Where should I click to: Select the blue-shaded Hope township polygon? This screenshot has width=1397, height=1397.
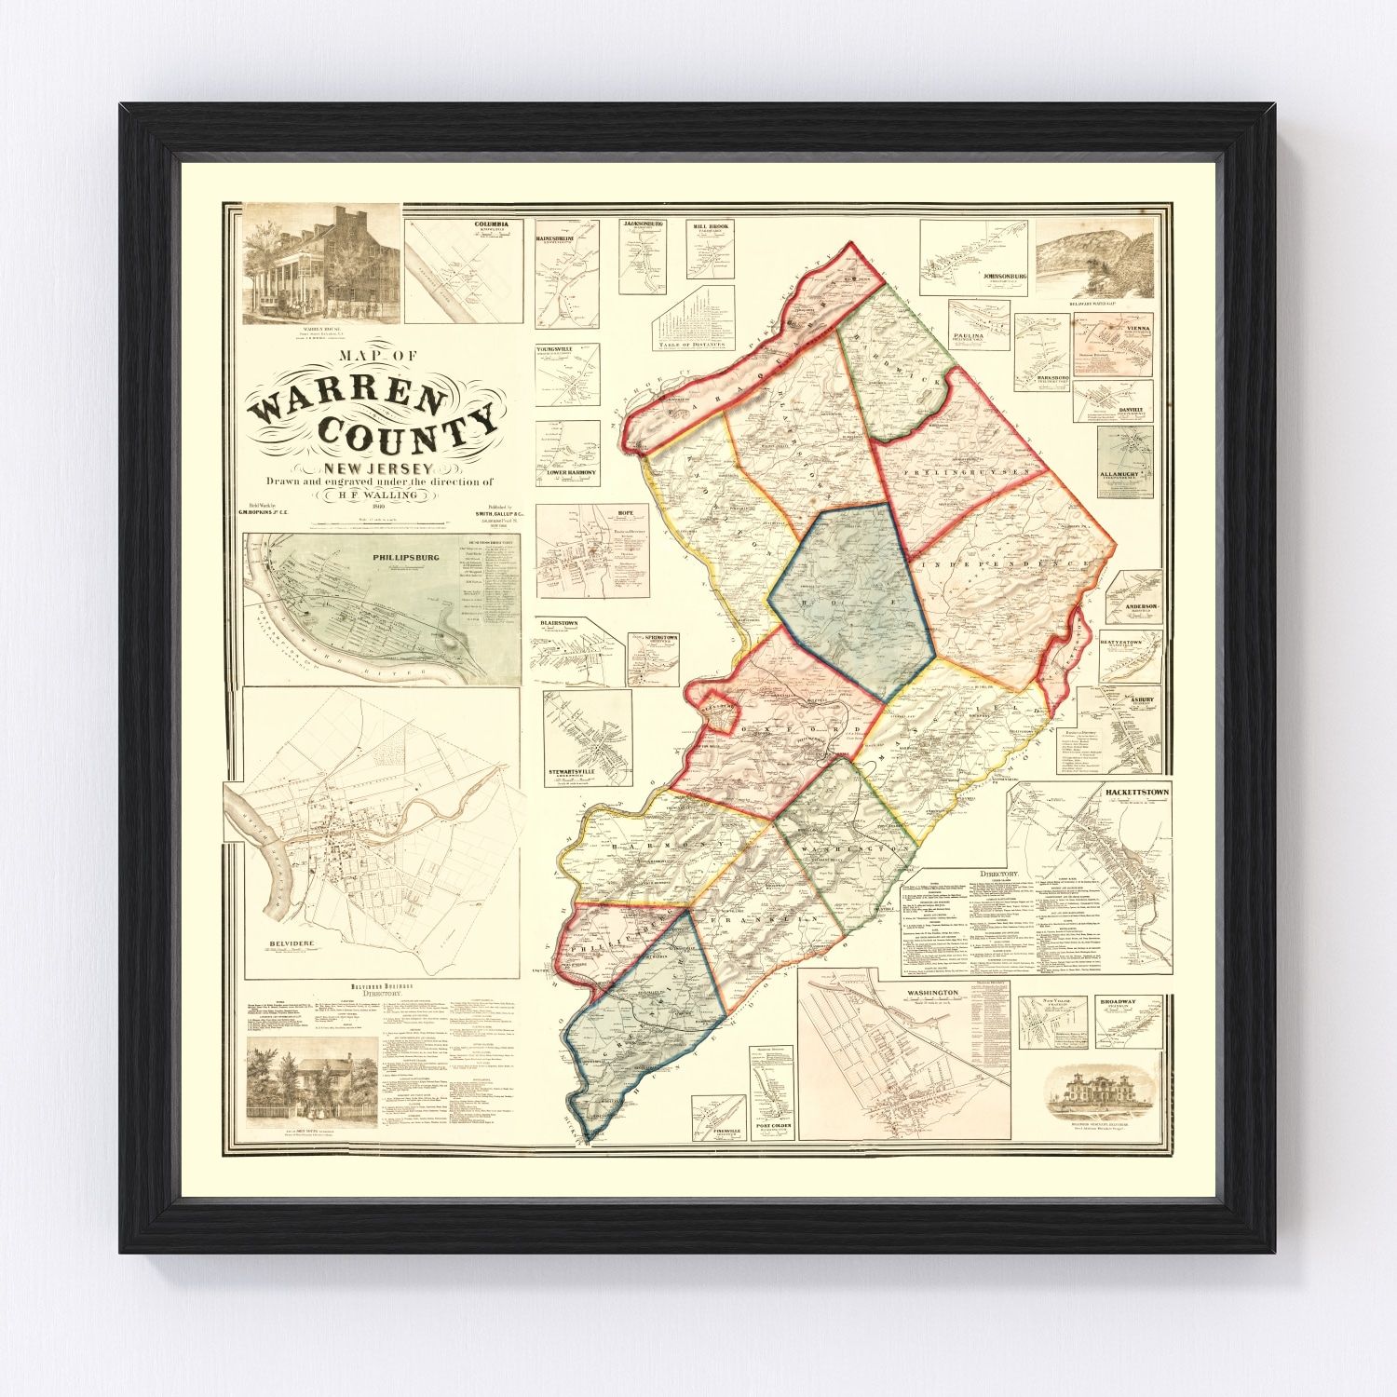click(852, 596)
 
